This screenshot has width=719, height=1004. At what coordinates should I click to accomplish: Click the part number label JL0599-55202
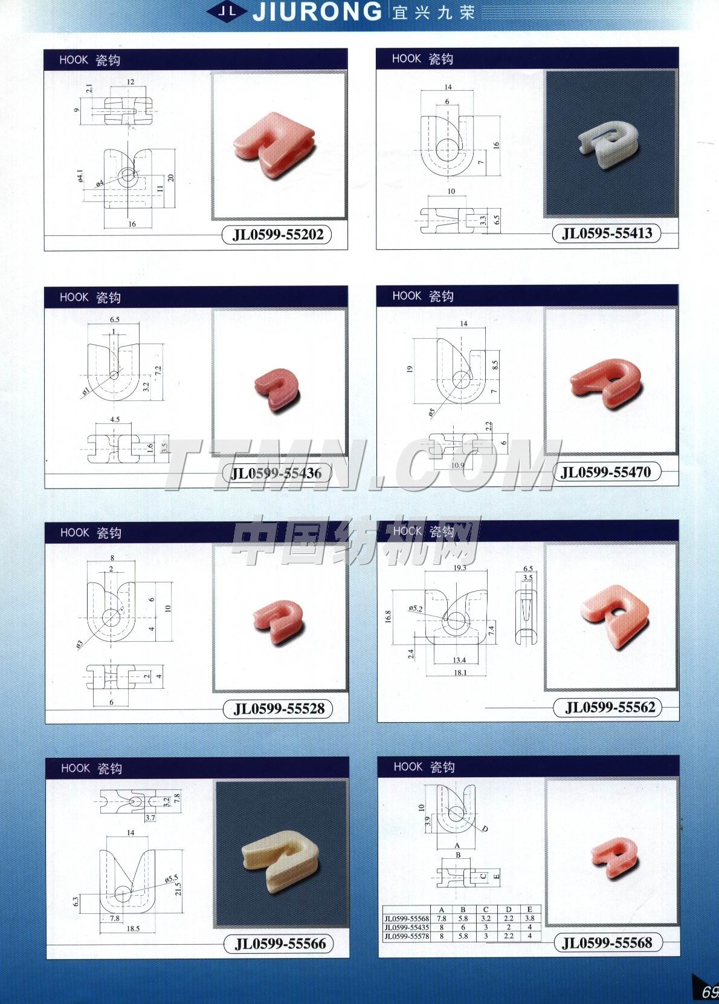[278, 235]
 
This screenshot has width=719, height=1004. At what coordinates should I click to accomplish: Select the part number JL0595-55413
[607, 233]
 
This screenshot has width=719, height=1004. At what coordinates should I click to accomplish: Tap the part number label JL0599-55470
[606, 472]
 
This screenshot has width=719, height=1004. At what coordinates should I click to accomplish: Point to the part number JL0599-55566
[280, 944]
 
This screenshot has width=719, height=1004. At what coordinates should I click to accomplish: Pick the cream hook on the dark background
[282, 853]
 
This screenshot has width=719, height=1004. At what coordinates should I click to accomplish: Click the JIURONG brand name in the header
[317, 11]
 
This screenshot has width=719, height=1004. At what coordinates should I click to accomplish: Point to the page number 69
[709, 993]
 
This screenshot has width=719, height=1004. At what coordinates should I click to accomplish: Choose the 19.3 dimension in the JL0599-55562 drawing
[459, 568]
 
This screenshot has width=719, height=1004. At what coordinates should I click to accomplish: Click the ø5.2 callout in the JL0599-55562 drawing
[415, 608]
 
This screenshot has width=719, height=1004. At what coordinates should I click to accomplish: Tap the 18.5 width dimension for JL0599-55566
[133, 928]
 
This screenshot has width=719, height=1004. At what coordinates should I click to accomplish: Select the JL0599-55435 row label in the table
[407, 927]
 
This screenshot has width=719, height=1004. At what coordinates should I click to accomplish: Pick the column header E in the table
[530, 910]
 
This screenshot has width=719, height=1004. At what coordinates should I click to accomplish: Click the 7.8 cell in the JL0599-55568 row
[442, 918]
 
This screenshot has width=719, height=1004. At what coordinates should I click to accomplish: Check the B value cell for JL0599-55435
[463, 927]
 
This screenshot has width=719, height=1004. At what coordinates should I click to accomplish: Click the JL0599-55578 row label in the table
[407, 936]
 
